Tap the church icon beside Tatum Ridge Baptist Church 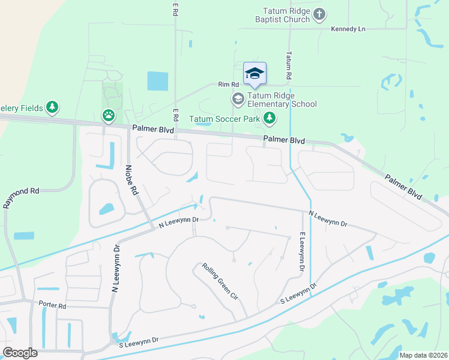[x=319, y=13]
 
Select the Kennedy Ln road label [x=348, y=29]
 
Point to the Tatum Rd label [x=289, y=66]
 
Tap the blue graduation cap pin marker [x=255, y=74]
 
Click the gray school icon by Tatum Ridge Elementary [x=238, y=98]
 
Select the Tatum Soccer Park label [x=225, y=119]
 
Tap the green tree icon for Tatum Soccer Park [x=270, y=118]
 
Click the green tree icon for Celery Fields [x=53, y=107]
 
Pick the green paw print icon [x=108, y=115]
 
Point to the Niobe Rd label [x=130, y=180]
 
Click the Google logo [x=20, y=353]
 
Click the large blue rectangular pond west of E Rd [x=158, y=81]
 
